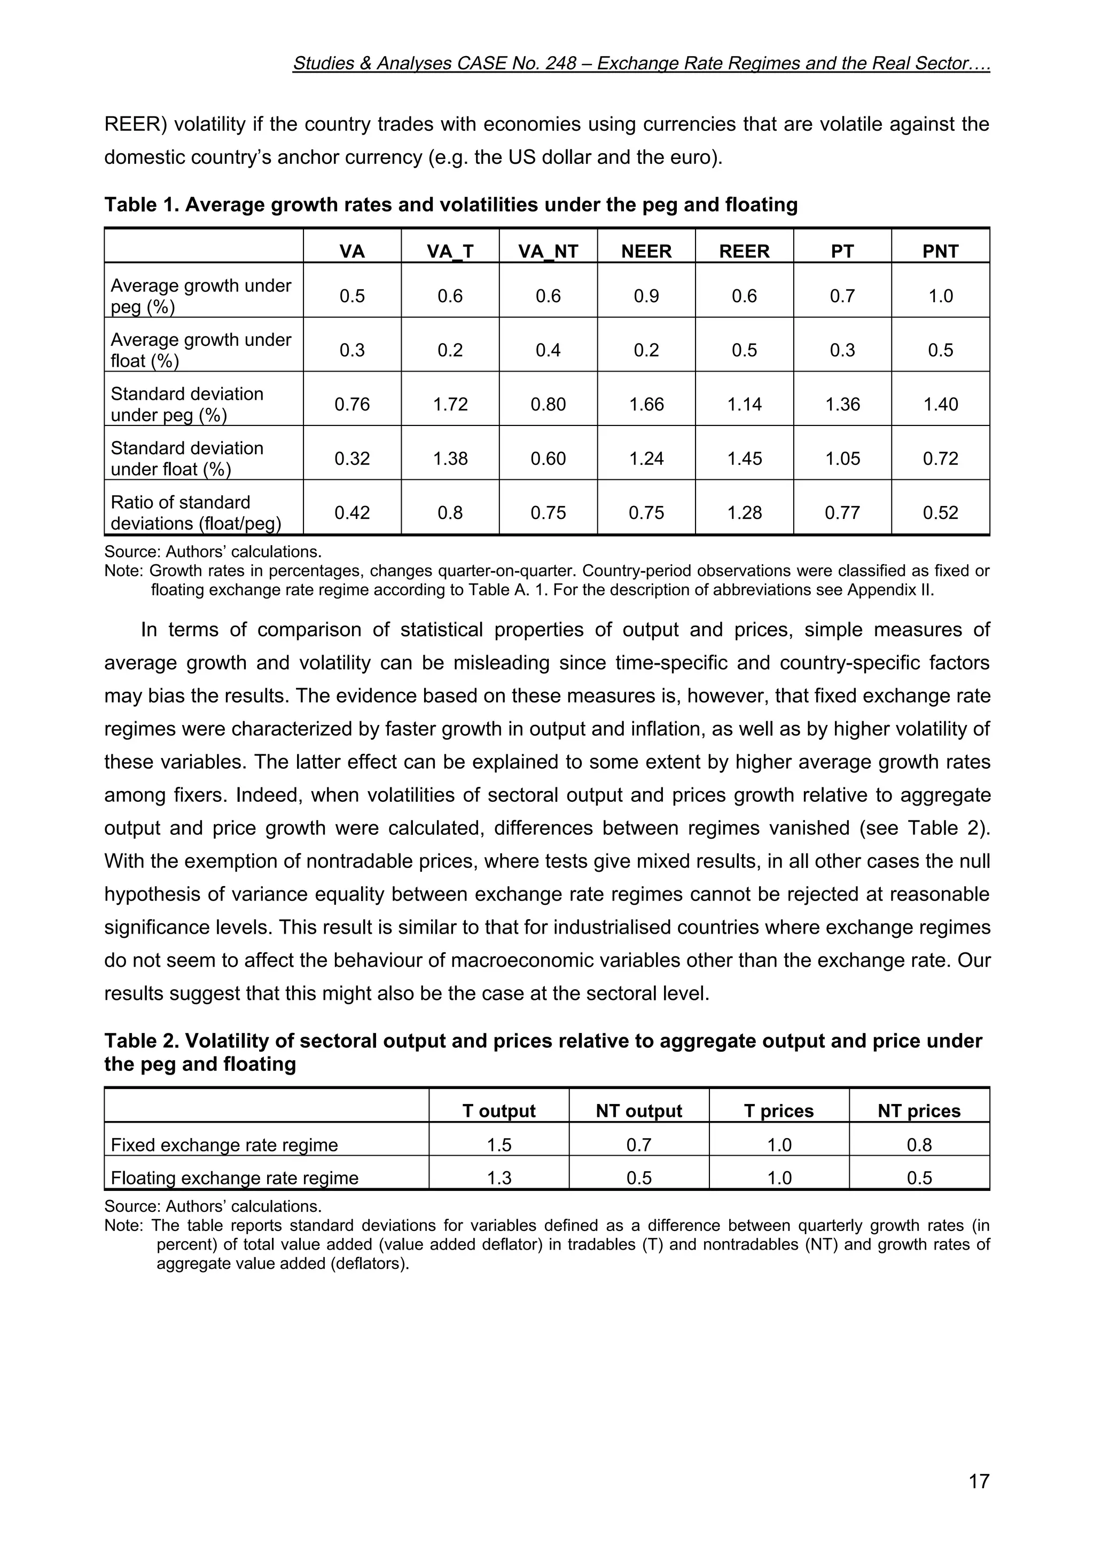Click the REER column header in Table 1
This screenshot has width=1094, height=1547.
(744, 251)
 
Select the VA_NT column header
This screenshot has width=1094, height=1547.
(548, 251)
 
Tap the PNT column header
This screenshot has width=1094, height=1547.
(940, 251)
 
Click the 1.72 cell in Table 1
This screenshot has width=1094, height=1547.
(450, 404)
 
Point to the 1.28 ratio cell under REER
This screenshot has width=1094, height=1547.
(744, 513)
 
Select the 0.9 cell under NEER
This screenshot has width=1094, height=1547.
(646, 296)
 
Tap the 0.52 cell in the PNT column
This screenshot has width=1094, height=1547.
(940, 513)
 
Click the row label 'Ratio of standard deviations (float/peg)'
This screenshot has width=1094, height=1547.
(196, 513)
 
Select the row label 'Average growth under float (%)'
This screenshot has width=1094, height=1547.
(200, 350)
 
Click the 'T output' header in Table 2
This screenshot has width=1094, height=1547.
(499, 1111)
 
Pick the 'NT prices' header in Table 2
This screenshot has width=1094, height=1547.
(919, 1111)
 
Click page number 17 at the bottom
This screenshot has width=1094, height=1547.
(979, 1482)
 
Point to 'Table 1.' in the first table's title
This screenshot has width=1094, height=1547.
(142, 205)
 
